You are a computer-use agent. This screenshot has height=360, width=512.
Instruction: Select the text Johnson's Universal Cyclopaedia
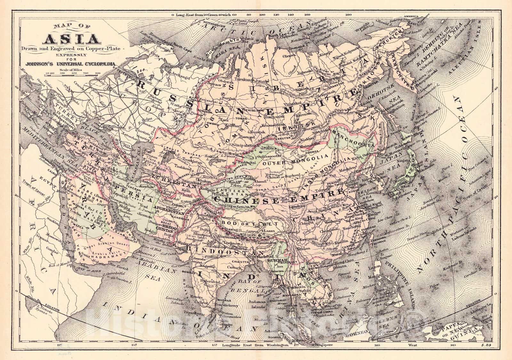[69, 64]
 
